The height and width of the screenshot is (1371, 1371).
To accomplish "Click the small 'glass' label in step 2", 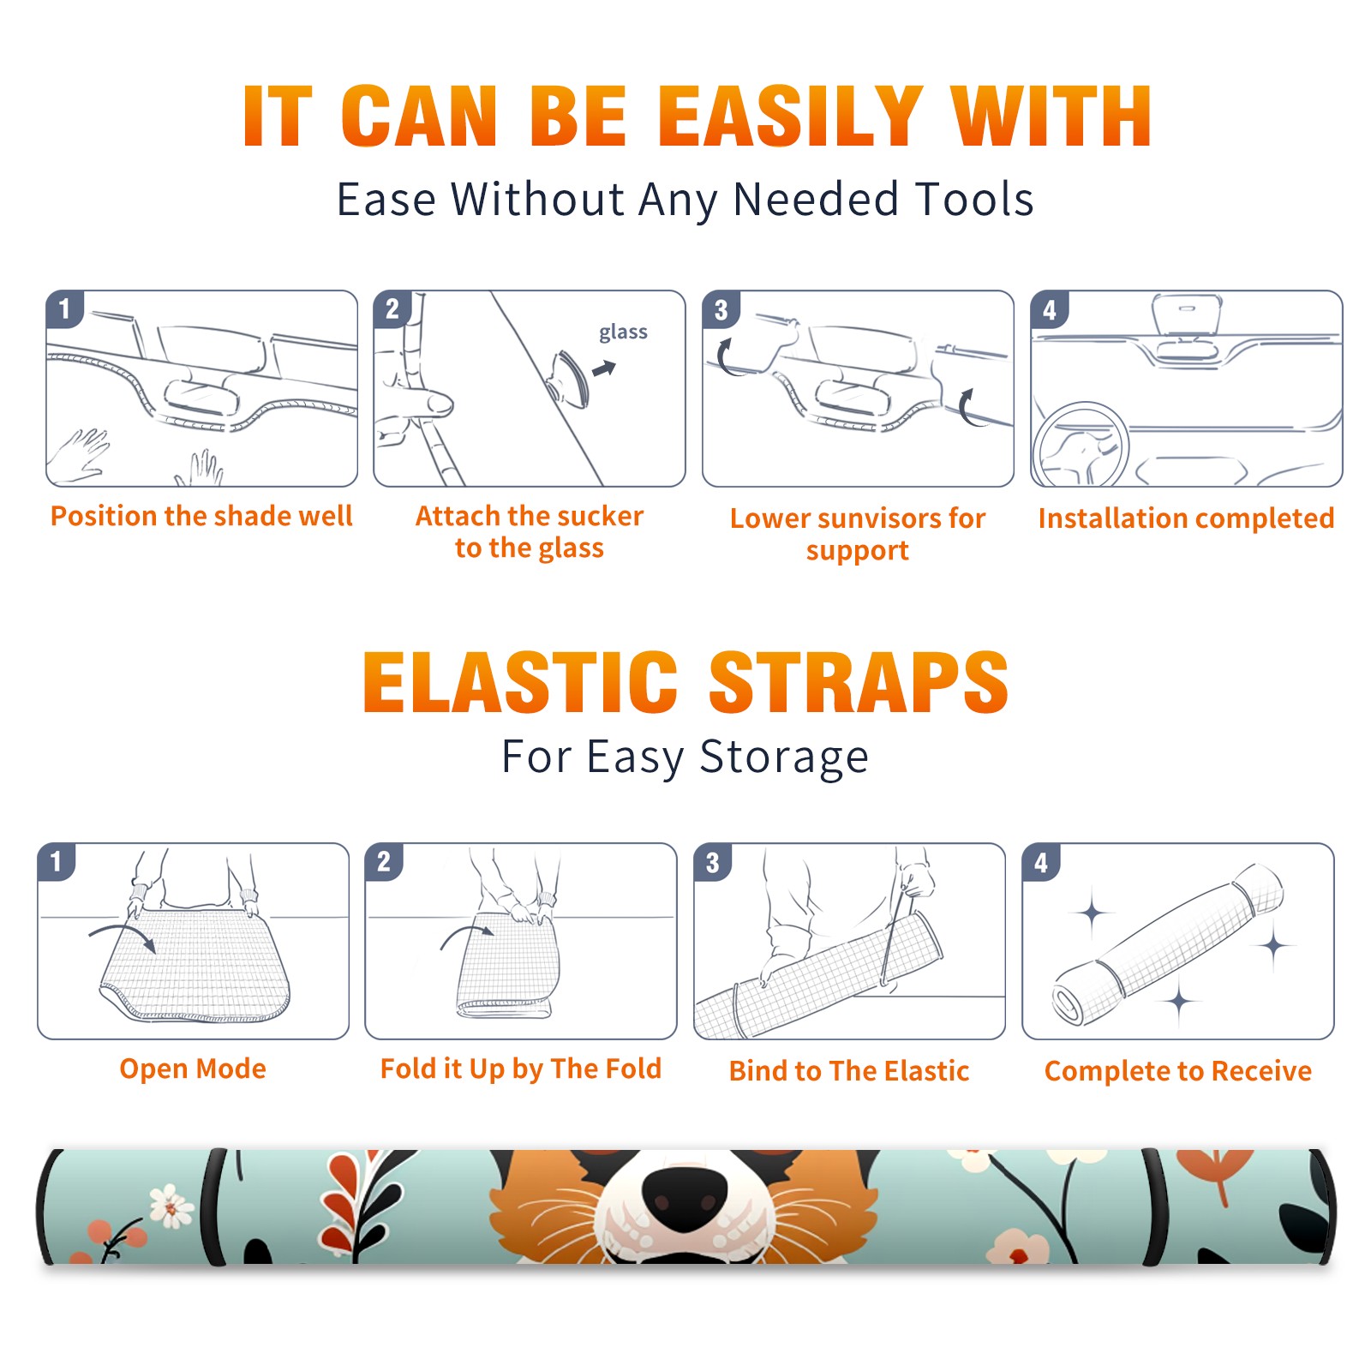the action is [623, 332].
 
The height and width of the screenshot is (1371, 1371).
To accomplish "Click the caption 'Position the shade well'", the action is [201, 516].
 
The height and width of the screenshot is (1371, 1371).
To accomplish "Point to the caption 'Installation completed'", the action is [1186, 518].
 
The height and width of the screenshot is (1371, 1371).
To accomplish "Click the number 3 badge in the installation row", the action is [721, 309].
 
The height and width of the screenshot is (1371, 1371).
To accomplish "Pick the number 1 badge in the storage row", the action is [57, 861].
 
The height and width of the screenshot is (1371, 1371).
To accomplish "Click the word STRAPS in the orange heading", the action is [859, 682].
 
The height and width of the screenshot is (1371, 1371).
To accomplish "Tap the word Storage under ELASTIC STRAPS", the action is [784, 757].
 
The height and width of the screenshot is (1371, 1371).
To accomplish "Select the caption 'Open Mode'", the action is [193, 1069].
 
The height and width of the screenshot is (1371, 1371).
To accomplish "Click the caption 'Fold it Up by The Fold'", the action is [521, 1069].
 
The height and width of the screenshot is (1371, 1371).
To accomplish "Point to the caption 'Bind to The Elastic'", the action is [849, 1071].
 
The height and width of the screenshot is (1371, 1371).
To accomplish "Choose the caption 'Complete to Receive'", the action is [1178, 1071].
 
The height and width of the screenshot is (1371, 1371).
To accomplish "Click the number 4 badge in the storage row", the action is [1041, 861].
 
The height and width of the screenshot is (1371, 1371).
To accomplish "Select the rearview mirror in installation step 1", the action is [201, 397].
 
